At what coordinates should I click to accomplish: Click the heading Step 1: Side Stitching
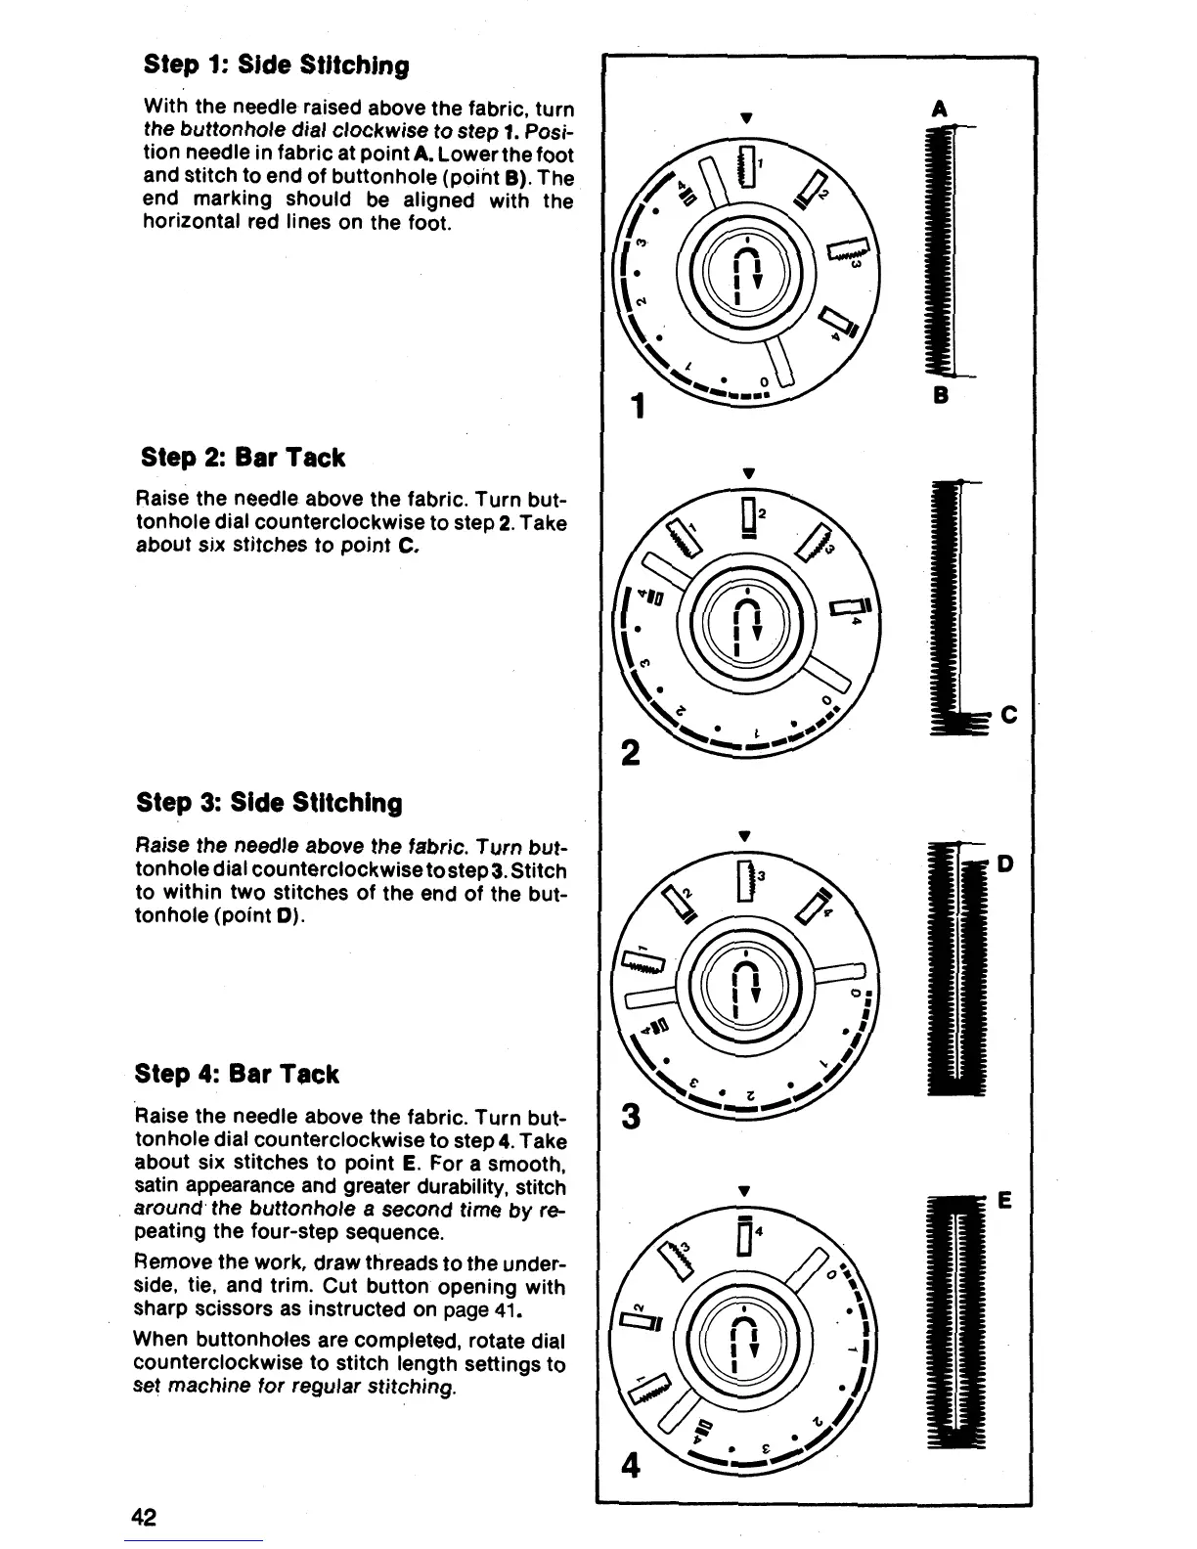coord(276,66)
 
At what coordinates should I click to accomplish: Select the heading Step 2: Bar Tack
coord(244,458)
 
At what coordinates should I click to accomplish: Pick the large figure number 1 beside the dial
coord(637,405)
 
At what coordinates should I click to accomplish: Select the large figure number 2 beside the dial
coord(632,753)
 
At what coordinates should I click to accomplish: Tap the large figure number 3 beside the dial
coord(632,1116)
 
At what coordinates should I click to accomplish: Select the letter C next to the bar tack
coord(1009,717)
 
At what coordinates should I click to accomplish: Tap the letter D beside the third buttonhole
coord(1006,864)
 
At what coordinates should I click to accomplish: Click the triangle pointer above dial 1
coord(746,118)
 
